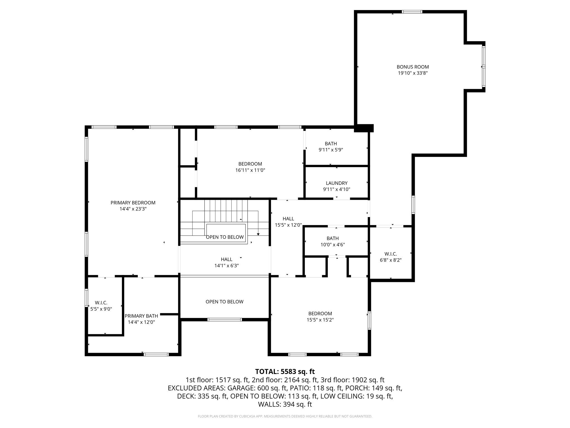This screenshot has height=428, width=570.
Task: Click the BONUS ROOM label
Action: point(413,67)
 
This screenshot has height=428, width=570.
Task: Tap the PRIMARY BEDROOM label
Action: point(133,203)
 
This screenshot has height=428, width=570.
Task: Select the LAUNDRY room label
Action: point(337,183)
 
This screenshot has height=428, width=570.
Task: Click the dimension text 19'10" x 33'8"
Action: point(413,73)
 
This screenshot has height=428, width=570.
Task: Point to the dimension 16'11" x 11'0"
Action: point(250,170)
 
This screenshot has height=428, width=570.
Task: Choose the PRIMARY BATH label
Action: point(141,316)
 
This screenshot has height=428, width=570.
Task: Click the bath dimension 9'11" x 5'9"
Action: point(331,150)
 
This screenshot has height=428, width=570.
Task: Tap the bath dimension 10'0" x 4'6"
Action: point(333,245)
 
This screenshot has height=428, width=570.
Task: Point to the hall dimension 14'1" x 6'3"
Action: point(227,266)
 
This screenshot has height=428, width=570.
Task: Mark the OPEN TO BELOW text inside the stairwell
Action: point(225,237)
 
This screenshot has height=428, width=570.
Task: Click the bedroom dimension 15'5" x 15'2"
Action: point(320,320)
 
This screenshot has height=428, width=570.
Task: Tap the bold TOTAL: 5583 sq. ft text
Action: point(285,371)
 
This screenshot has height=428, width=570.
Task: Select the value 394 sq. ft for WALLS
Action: point(298,404)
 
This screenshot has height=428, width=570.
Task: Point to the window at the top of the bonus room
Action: point(412,12)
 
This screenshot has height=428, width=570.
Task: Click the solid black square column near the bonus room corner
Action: point(363,128)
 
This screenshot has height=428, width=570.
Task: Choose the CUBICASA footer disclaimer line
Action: point(285,416)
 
